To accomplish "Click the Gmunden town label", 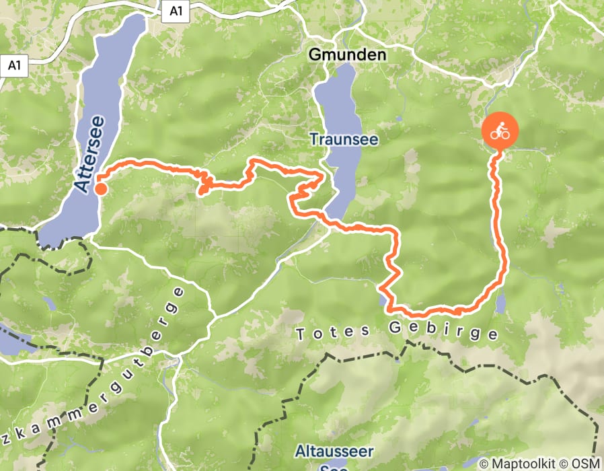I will [x=348, y=55].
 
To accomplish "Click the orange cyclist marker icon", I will [x=500, y=132].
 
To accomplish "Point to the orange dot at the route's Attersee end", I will [x=100, y=189].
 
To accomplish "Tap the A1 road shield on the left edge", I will [x=13, y=66].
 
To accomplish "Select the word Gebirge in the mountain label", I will [x=443, y=332].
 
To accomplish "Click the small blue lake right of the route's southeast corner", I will [x=501, y=303].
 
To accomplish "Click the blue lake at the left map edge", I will [x=10, y=340].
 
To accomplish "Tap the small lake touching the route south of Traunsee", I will [x=384, y=299].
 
